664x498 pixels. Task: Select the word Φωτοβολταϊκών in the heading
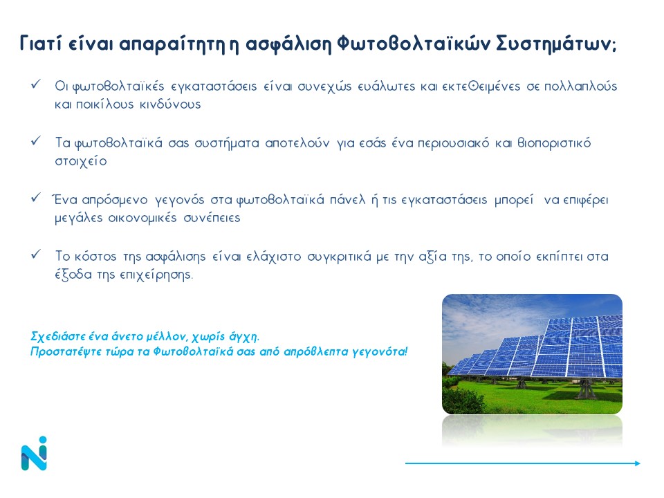coord(414,43)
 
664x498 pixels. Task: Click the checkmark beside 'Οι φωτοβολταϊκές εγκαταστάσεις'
coord(36,84)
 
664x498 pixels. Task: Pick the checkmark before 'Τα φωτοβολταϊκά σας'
coord(36,140)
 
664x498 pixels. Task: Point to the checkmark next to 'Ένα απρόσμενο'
coord(36,197)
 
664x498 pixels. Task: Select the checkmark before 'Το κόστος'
coord(36,254)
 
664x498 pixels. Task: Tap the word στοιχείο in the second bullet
coord(80,161)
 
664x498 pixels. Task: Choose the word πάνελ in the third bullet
coord(347,199)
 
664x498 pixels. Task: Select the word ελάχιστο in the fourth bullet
coord(274,257)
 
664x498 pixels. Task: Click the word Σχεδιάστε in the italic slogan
coord(58,337)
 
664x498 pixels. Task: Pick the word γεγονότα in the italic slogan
coord(380,352)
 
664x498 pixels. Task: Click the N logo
coord(34,453)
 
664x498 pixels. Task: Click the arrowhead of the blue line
coord(638,463)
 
